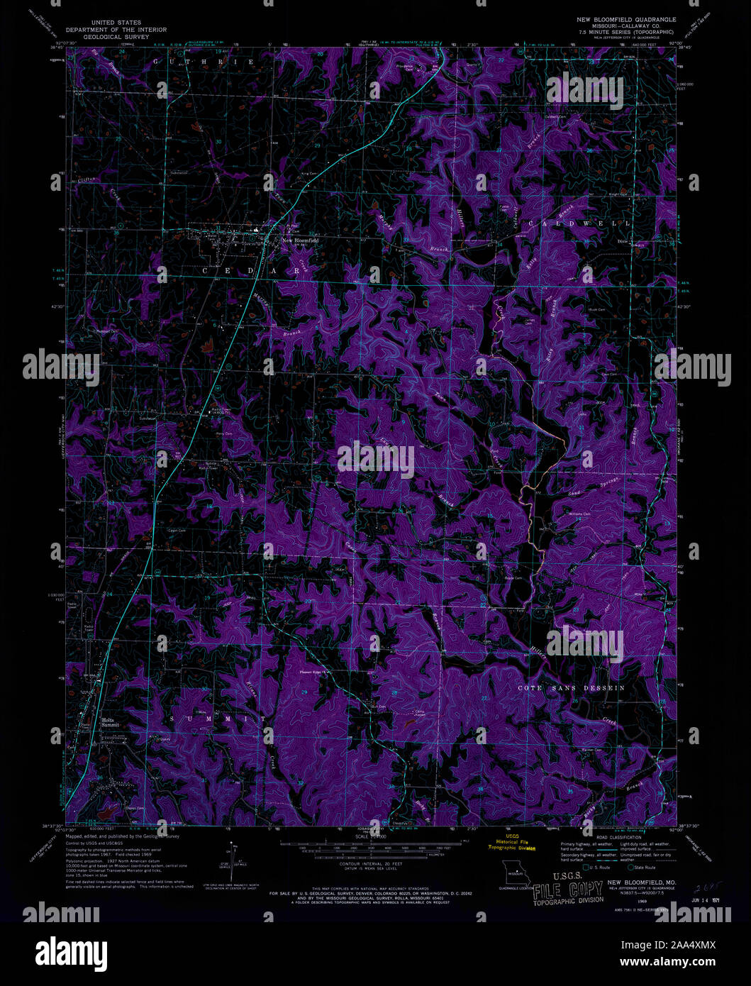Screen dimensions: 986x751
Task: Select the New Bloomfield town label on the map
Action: click(300, 240)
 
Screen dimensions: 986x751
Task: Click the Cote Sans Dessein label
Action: click(571, 688)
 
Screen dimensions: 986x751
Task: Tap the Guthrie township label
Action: click(203, 62)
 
